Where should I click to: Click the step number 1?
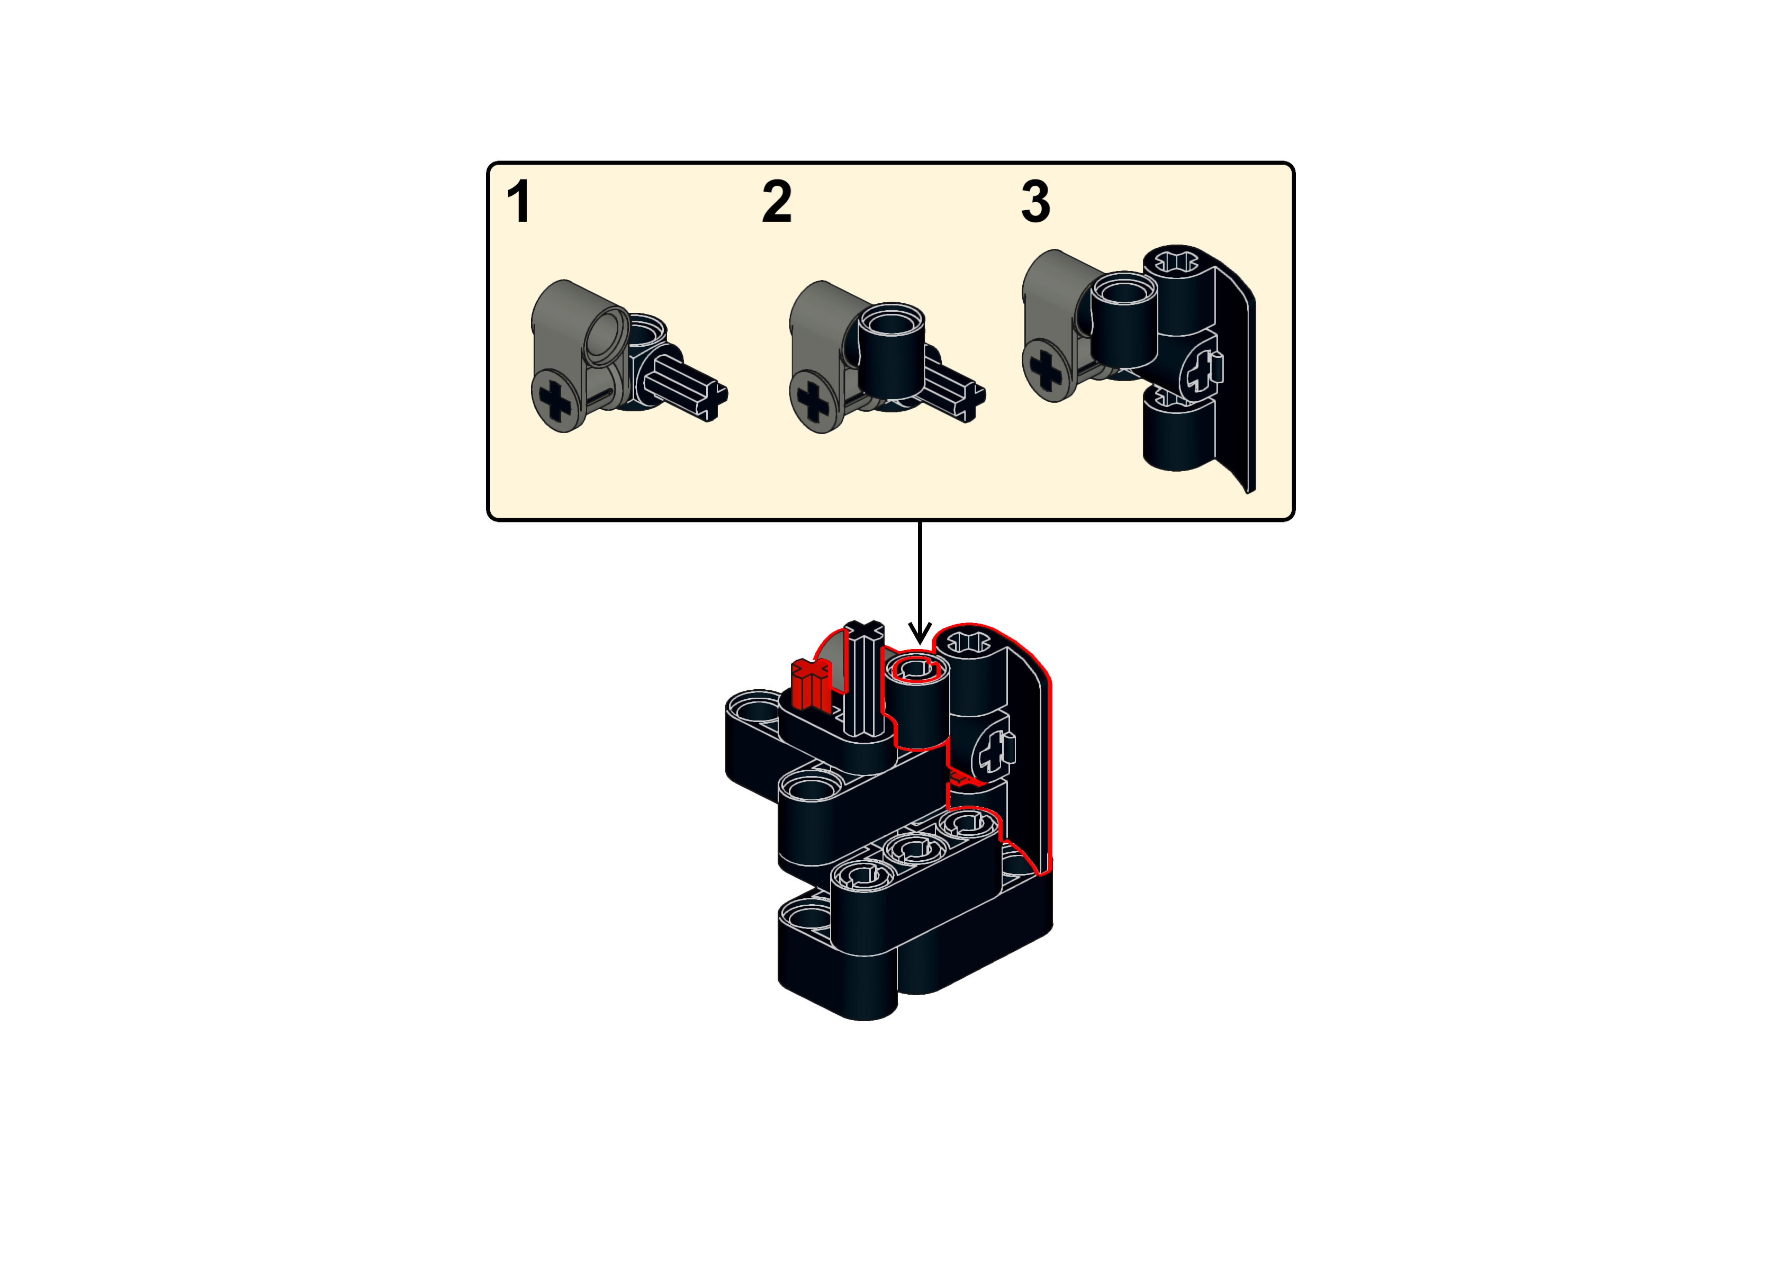(519, 201)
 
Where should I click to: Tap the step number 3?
(1035, 201)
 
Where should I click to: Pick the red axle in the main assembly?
(811, 684)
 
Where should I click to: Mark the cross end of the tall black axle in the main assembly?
(865, 631)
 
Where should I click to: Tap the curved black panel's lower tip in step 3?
(1250, 489)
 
